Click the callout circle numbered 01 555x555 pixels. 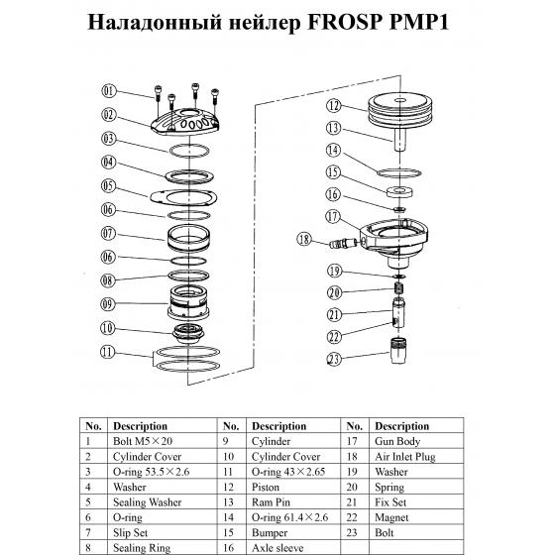coord(109,92)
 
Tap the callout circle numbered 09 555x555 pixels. coord(109,303)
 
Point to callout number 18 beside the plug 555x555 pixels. coord(305,239)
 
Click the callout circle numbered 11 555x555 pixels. coord(109,350)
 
